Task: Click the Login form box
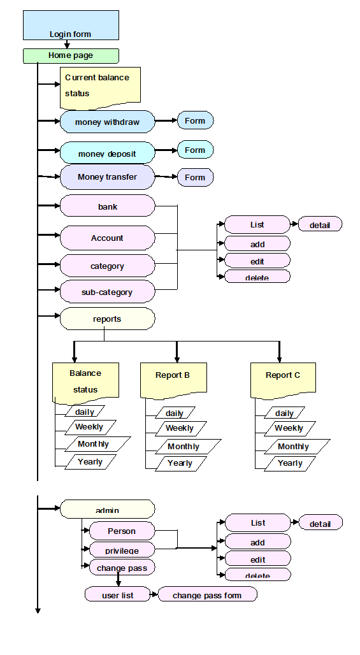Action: (x=71, y=25)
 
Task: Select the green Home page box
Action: (x=71, y=56)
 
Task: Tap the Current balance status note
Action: (x=100, y=87)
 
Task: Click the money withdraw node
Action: (x=107, y=122)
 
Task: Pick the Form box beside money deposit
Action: (x=196, y=150)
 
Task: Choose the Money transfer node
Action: (x=107, y=176)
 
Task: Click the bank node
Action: (x=107, y=206)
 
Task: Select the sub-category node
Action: (x=107, y=292)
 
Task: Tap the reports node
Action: (x=107, y=319)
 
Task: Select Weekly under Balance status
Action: (x=90, y=427)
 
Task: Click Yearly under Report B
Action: (x=181, y=463)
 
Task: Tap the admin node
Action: (x=107, y=509)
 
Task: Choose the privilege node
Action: (x=122, y=549)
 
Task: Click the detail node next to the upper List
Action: (x=320, y=224)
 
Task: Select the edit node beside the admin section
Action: (x=257, y=559)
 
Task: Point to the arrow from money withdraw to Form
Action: (x=166, y=120)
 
